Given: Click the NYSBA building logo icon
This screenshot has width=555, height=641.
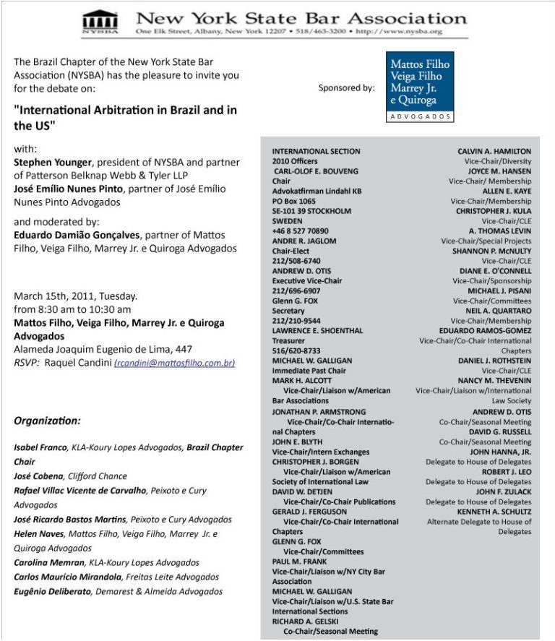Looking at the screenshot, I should pyautogui.click(x=100, y=22).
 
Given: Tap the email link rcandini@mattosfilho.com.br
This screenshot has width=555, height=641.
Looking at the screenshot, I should pyautogui.click(x=174, y=363).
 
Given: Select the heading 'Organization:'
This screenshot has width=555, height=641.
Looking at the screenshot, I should pyautogui.click(x=48, y=421).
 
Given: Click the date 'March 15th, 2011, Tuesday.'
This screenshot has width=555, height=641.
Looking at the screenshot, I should pyautogui.click(x=76, y=296).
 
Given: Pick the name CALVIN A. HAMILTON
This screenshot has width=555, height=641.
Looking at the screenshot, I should pyautogui.click(x=494, y=152).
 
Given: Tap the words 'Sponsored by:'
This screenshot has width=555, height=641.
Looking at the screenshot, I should pyautogui.click(x=346, y=88).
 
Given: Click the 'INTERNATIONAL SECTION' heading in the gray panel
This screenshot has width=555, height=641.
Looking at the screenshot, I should pyautogui.click(x=316, y=151).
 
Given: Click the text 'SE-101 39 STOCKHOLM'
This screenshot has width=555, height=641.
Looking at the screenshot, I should pyautogui.click(x=311, y=211).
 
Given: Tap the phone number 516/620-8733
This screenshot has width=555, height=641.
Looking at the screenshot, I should pyautogui.click(x=296, y=350).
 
